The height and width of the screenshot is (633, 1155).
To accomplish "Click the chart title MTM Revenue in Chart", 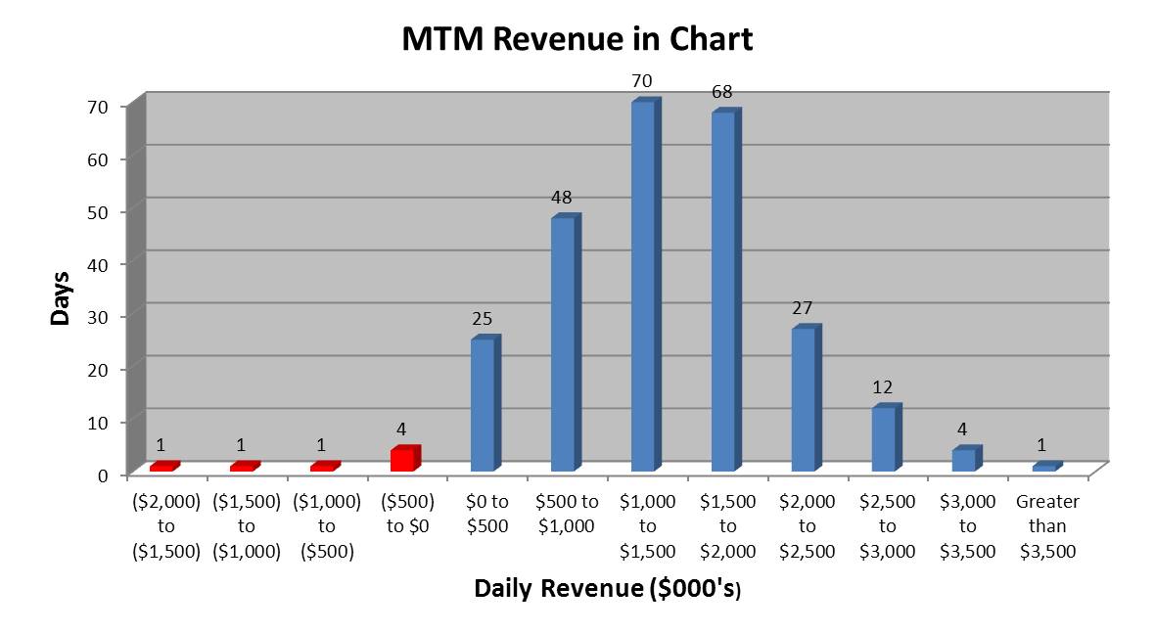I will [577, 39].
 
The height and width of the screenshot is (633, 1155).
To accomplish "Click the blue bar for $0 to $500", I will [483, 405].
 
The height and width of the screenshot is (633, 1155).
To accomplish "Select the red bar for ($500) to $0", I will [402, 460].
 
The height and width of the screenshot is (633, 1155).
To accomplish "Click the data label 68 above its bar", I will [723, 92].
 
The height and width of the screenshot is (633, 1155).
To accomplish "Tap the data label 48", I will [562, 198].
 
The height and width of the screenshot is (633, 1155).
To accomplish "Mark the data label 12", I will [883, 387].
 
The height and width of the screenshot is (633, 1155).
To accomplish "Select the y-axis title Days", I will [61, 298].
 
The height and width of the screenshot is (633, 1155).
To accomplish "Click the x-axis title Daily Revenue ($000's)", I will [607, 589].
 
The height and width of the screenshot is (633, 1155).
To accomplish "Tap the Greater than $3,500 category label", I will [1047, 526].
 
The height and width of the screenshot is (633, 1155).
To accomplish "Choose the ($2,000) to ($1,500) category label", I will [165, 526].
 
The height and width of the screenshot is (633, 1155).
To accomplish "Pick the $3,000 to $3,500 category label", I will [967, 526].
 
